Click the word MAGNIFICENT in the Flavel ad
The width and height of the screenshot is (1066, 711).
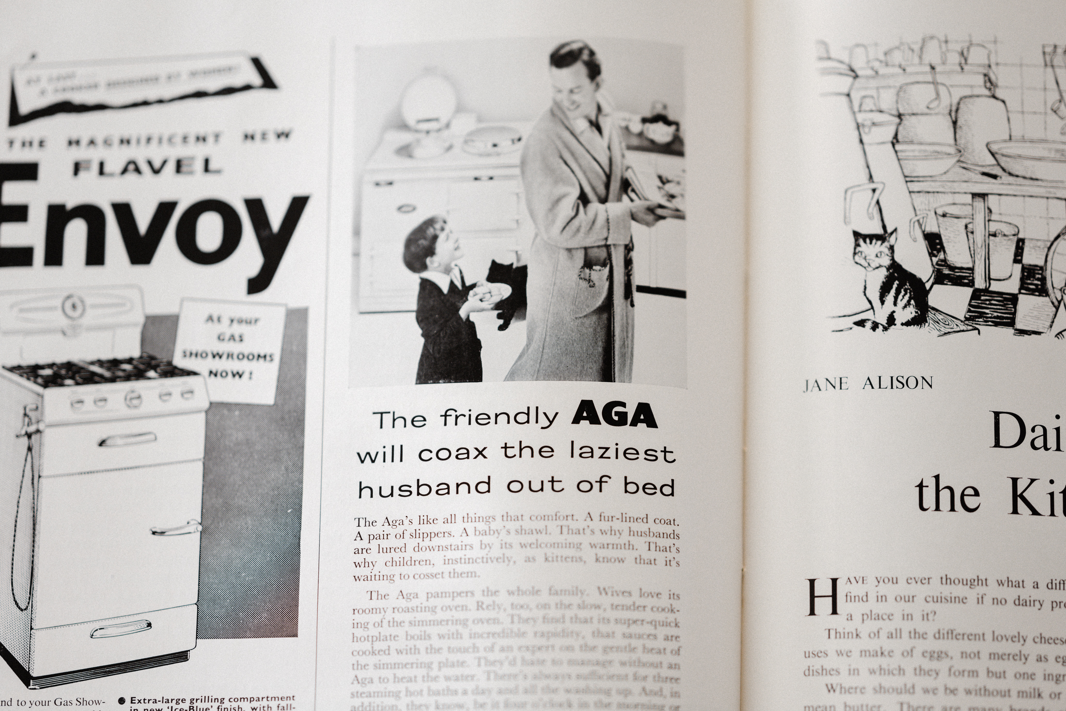[x=145, y=141]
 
